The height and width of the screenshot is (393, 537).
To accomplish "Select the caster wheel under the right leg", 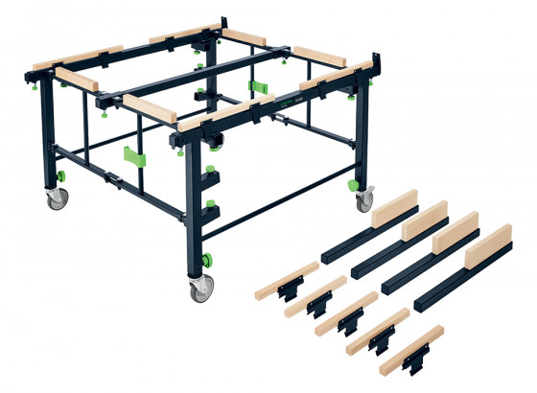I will pos(364,202).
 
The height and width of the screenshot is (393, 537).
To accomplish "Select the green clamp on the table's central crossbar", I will pos(258,88).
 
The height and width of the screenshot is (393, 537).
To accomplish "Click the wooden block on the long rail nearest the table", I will pos(394,210).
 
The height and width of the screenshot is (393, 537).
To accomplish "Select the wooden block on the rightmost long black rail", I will pos(487,248).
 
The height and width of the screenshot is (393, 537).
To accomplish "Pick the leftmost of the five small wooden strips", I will pos(287,276).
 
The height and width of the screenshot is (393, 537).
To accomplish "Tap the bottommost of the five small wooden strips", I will pos(411,348).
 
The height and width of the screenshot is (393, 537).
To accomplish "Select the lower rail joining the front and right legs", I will pos(288,202).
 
